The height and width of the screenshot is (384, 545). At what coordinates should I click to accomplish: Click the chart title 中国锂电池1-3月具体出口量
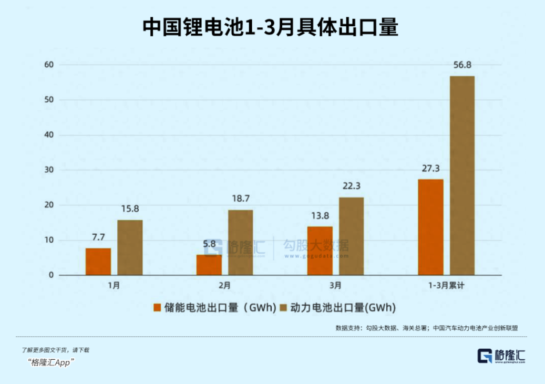[271, 27]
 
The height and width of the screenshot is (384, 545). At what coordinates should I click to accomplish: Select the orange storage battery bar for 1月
[98, 262]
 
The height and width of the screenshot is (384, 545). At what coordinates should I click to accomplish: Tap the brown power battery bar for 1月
[130, 247]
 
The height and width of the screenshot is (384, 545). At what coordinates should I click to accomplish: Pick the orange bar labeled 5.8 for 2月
[209, 265]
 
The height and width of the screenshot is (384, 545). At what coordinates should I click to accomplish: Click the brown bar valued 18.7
[240, 242]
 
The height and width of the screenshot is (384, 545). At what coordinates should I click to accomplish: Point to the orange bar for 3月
[320, 251]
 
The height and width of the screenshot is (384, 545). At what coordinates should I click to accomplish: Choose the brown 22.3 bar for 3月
[351, 236]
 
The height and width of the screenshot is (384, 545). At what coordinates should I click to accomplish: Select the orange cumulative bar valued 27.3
[430, 227]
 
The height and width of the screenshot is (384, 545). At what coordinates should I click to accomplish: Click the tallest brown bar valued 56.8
[462, 175]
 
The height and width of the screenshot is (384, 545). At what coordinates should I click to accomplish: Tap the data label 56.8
[462, 65]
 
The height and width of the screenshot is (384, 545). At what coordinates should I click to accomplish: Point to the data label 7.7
[98, 237]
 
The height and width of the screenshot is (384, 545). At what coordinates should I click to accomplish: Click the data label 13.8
[320, 215]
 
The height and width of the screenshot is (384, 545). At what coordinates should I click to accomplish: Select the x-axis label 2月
[224, 285]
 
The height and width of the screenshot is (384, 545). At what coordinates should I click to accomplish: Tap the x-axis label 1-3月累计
[446, 285]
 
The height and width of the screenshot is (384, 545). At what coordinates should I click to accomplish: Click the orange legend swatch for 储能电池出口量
[156, 308]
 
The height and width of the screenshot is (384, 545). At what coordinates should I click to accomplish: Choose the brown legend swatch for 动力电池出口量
[284, 308]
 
